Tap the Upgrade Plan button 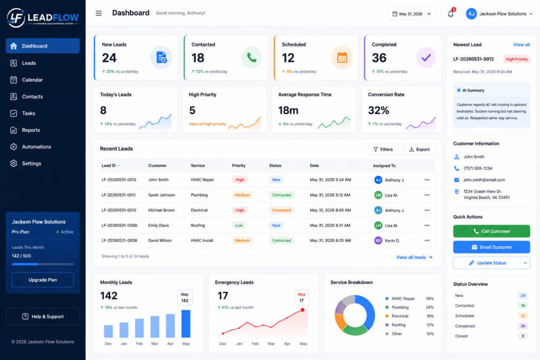click(x=43, y=280)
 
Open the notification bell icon click(x=450, y=14)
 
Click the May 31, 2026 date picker click(x=411, y=14)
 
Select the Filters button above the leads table click(x=383, y=149)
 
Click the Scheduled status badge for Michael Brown click(x=282, y=210)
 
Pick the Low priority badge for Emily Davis click(x=239, y=226)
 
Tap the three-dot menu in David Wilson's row click(x=427, y=240)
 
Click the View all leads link click(x=414, y=257)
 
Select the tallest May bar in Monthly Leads click(x=186, y=324)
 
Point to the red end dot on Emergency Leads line click(x=302, y=310)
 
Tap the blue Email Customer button click(x=491, y=247)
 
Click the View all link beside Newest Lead click(x=522, y=45)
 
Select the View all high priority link click(x=207, y=124)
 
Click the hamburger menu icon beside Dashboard click(x=99, y=13)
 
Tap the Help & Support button click(x=43, y=316)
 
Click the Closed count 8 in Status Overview click(x=523, y=336)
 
